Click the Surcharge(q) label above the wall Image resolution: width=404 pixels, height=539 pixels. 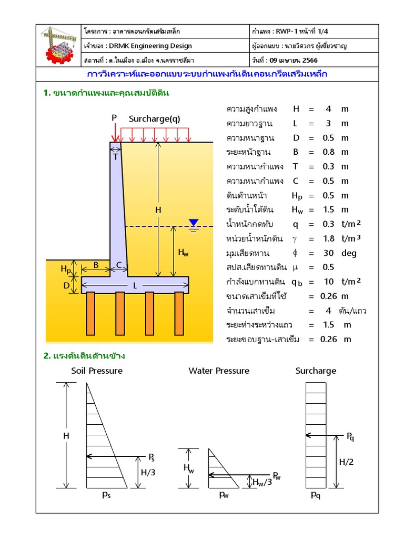click(154, 119)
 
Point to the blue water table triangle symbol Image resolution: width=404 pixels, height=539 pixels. click(194, 223)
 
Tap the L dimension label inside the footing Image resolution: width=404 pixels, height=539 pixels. click(135, 286)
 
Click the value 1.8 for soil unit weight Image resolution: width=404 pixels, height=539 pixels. click(328, 238)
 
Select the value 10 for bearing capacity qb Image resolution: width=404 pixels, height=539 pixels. click(328, 281)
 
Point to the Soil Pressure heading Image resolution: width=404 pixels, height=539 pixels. click(97, 371)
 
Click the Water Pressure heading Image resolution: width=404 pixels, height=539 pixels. click(219, 371)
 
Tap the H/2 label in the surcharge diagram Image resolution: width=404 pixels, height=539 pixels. click(346, 462)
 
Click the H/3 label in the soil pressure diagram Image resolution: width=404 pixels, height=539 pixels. click(148, 472)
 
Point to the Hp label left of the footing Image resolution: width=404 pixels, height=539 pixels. click(65, 269)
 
